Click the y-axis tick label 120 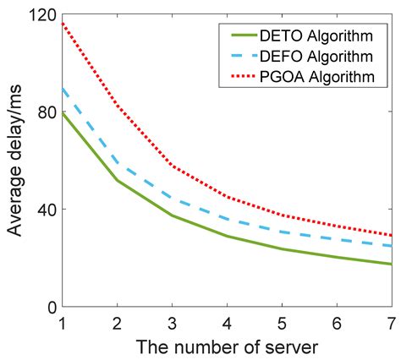pyautogui.click(x=36, y=16)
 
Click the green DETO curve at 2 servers pyautogui.click(x=117, y=180)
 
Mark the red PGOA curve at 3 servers pyautogui.click(x=172, y=166)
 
